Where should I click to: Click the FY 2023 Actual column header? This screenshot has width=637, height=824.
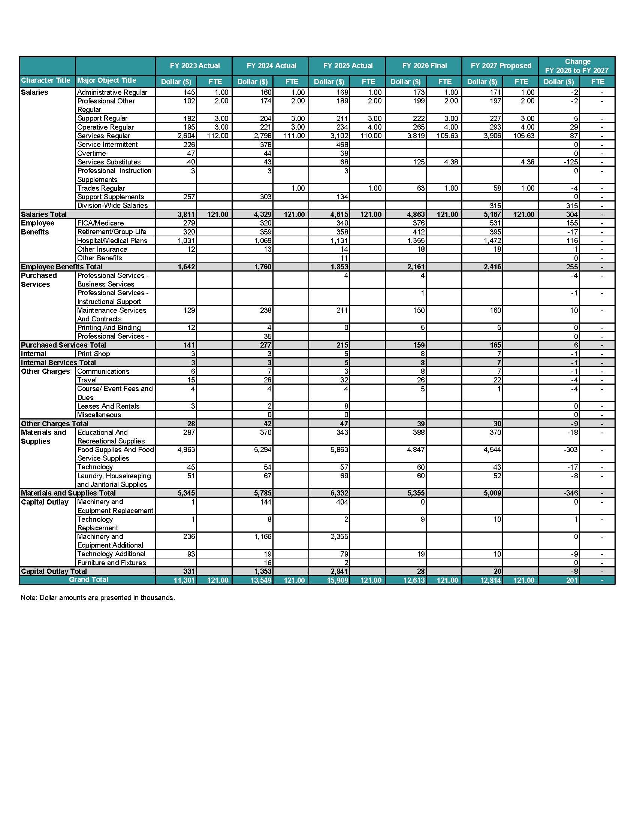(x=194, y=66)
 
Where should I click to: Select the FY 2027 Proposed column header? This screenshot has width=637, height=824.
(x=501, y=66)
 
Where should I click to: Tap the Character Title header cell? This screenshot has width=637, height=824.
(x=46, y=81)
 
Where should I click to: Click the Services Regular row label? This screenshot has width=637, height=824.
(x=103, y=136)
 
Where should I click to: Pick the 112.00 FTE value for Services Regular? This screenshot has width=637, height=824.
(x=218, y=136)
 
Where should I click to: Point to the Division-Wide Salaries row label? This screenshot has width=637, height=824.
(x=112, y=205)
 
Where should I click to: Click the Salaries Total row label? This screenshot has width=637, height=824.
(x=44, y=214)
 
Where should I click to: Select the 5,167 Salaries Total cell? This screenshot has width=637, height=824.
(x=492, y=214)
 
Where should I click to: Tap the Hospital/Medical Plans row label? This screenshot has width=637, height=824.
(x=112, y=240)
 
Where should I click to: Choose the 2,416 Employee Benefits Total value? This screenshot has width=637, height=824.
(x=493, y=267)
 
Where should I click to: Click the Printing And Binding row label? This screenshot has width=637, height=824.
(x=109, y=327)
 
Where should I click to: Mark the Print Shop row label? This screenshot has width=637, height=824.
(x=93, y=354)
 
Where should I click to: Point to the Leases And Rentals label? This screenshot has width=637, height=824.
(x=108, y=406)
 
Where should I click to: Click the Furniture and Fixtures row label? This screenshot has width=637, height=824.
(x=111, y=563)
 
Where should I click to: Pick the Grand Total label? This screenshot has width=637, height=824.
(x=88, y=579)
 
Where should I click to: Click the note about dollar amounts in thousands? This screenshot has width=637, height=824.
(x=98, y=598)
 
